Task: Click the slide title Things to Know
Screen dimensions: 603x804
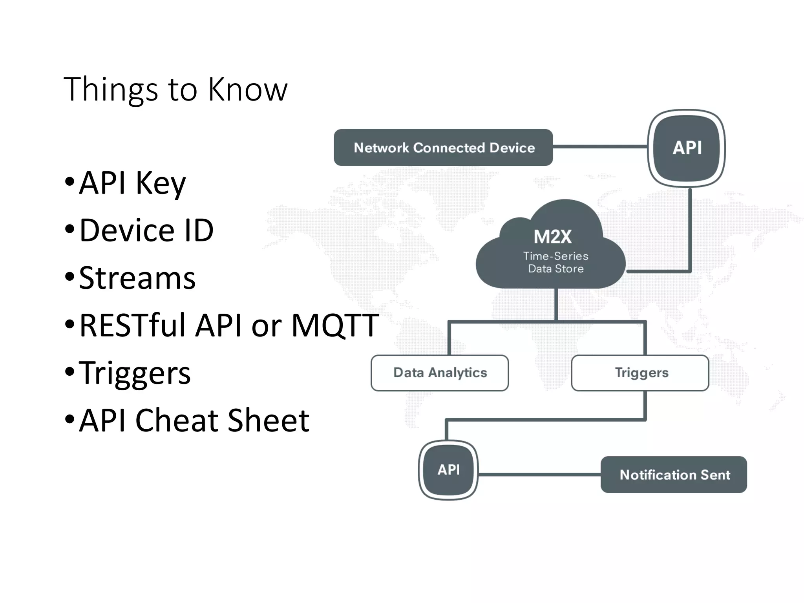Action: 175,90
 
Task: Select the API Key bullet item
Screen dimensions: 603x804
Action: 132,183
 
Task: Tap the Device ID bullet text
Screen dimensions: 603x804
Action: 146,230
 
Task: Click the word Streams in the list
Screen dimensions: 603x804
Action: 137,278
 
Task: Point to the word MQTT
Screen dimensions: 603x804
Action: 335,325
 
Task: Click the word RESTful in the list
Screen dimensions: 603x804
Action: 132,325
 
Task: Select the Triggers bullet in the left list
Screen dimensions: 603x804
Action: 135,373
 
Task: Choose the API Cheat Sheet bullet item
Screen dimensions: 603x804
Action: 194,420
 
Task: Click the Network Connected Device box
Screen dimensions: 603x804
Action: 443,148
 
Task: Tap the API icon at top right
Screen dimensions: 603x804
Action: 687,148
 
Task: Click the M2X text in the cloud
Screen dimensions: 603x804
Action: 552,237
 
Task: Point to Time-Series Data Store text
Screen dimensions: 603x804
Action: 555,262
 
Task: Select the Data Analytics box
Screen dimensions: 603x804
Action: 440,373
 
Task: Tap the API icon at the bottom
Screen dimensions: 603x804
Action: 448,470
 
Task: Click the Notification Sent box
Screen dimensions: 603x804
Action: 674,475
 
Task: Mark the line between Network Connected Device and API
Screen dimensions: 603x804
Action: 600,147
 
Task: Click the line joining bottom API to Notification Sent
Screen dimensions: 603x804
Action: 539,475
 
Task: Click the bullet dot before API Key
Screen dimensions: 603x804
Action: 69,182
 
